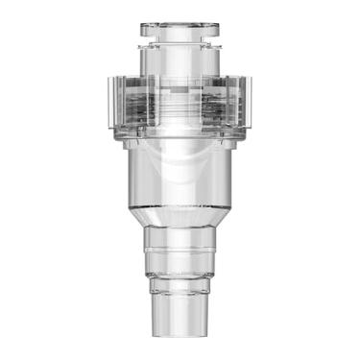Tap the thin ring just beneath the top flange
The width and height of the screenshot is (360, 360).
pos(179,41)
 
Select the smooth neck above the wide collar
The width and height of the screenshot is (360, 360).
pos(179,60)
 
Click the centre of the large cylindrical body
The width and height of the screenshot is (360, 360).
pos(179,178)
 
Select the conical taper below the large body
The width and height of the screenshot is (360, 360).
pos(179,216)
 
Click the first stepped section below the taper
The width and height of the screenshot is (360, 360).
pos(179,238)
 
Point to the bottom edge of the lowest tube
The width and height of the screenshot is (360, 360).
pos(179,335)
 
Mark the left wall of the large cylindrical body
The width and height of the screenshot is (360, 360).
pos(128,178)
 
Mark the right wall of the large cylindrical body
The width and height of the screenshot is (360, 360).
pos(231,178)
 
